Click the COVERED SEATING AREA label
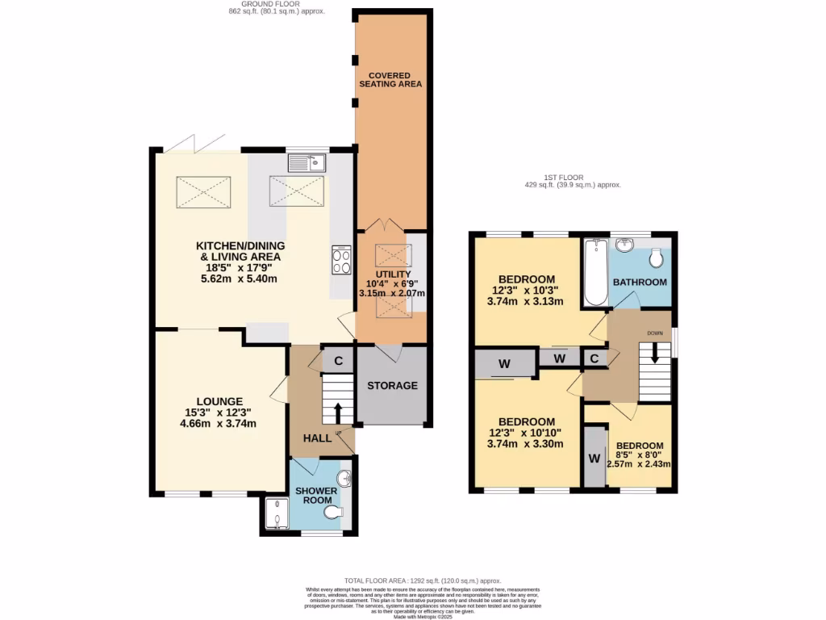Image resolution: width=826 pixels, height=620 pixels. (x=390, y=79)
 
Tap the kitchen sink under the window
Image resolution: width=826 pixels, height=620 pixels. (x=306, y=162)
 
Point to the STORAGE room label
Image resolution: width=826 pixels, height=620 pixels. (x=392, y=385)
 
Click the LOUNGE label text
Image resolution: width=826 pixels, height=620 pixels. (x=219, y=400)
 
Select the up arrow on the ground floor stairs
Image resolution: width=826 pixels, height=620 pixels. (x=337, y=412)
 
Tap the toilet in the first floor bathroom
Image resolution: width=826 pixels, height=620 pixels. (x=655, y=257)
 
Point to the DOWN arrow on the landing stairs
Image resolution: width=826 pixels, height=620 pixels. (x=654, y=352)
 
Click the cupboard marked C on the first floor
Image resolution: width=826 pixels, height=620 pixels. (x=594, y=358)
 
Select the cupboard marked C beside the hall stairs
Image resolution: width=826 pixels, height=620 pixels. (x=338, y=361)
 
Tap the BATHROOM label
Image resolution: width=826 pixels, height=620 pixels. (x=640, y=282)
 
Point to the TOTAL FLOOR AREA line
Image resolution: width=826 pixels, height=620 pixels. (x=423, y=580)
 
